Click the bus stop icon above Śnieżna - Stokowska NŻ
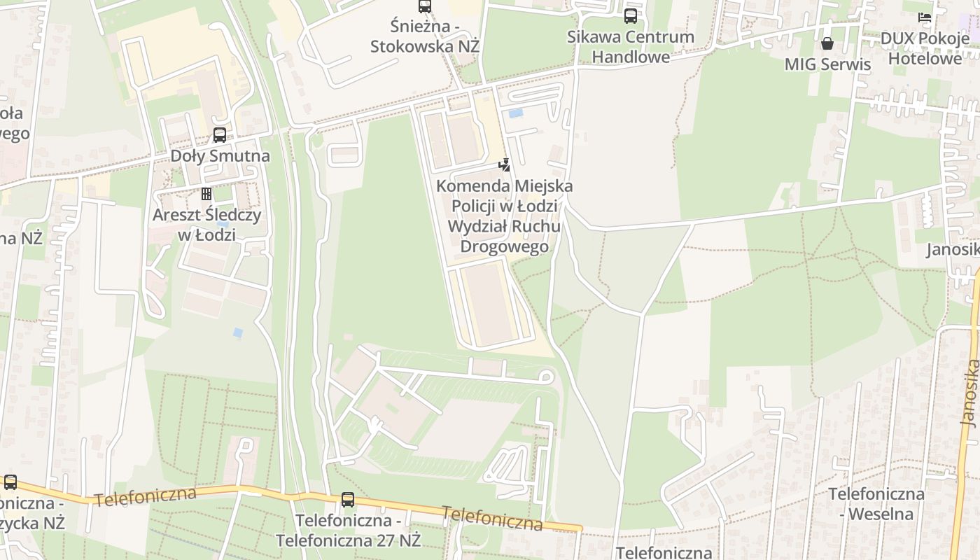click(x=425, y=7)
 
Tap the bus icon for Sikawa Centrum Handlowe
click(x=631, y=15)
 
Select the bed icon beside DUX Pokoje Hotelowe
click(x=925, y=17)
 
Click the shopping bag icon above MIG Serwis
click(x=827, y=43)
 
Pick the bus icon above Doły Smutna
click(x=220, y=135)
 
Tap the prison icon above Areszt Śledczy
click(x=206, y=193)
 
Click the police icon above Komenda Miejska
click(x=503, y=165)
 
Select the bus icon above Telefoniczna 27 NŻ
click(x=348, y=500)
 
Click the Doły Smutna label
click(x=220, y=155)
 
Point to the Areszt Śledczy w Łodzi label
click(x=206, y=224)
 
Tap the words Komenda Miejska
click(x=504, y=186)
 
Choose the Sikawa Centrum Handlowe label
click(x=631, y=47)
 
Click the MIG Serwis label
click(x=827, y=64)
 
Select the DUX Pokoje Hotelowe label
click(x=925, y=48)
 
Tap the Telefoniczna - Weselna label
click(x=876, y=503)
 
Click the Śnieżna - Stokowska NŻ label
click(x=425, y=36)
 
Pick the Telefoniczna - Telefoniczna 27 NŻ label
click(x=348, y=531)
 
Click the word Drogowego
click(x=504, y=247)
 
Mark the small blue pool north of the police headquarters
click(x=516, y=113)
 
